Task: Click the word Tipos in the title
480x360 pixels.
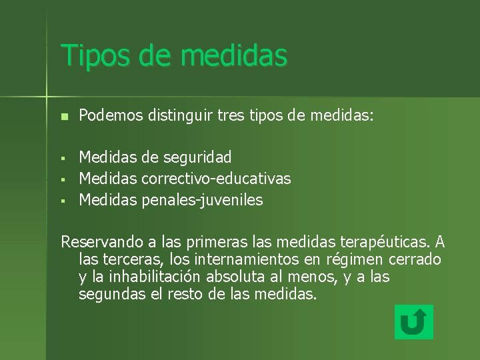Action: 93,55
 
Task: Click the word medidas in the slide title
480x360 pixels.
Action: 233,55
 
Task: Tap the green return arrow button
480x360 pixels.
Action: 413,322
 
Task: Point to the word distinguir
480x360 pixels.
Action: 175,116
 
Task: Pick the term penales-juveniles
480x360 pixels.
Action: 202,199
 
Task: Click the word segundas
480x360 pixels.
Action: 107,293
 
